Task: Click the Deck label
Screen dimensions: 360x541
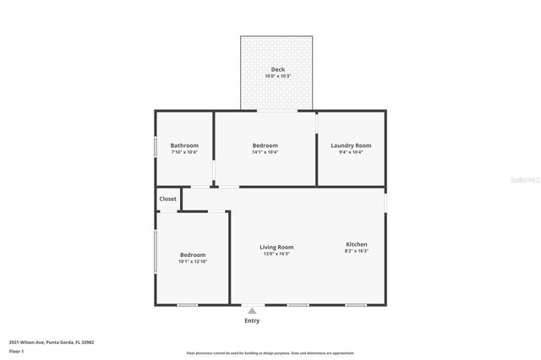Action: [276, 69]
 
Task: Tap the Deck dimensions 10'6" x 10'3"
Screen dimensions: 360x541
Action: [276, 76]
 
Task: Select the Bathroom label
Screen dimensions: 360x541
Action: [184, 145]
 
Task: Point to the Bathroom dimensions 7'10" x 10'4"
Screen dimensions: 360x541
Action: [184, 152]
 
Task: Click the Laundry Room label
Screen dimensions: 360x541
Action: [350, 145]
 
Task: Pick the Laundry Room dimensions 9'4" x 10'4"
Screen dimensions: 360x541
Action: [350, 152]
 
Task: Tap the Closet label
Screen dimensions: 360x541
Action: [168, 199]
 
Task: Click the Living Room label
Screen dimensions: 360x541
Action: [276, 247]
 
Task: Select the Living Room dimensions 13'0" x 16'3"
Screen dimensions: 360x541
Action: [276, 254]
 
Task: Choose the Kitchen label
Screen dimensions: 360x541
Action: [356, 244]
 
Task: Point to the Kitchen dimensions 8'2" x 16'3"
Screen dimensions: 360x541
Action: [356, 251]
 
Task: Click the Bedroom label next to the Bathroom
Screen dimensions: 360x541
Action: [265, 145]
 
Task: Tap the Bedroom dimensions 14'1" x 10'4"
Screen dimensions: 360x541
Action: [265, 152]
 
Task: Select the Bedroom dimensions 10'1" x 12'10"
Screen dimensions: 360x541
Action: [192, 262]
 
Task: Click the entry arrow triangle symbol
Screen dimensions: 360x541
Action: [251, 311]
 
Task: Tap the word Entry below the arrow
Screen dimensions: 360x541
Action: [252, 321]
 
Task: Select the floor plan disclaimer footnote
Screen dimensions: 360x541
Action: [270, 353]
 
